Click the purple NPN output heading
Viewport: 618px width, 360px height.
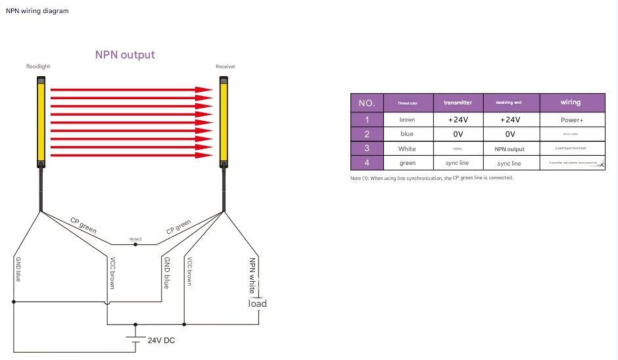click(125, 55)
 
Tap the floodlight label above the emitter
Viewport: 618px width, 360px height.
click(38, 67)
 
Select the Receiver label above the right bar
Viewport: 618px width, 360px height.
click(226, 67)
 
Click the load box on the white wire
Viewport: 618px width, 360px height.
click(257, 303)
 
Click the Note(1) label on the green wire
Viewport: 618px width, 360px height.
click(135, 239)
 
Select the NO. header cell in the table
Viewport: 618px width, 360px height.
click(367, 102)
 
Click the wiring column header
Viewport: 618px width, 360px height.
click(571, 102)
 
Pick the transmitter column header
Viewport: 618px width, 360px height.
click(458, 102)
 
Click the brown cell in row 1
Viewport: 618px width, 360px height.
click(407, 120)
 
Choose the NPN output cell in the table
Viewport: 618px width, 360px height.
click(510, 149)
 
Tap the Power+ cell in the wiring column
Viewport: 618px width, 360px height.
click(571, 120)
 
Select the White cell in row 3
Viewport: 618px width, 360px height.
click(407, 149)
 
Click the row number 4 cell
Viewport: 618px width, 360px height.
click(367, 163)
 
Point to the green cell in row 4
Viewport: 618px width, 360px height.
click(407, 163)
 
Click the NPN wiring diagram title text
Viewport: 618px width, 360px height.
click(37, 11)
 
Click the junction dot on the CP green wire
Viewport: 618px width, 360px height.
click(135, 244)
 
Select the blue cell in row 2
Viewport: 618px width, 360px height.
click(407, 134)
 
